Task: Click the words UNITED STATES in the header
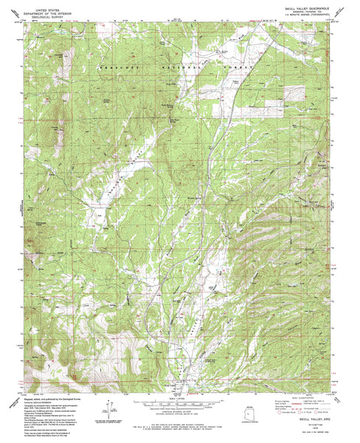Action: point(45,4)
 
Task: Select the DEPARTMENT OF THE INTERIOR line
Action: point(45,8)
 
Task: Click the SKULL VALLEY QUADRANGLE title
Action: point(303,4)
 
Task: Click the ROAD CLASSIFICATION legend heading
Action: point(302,396)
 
